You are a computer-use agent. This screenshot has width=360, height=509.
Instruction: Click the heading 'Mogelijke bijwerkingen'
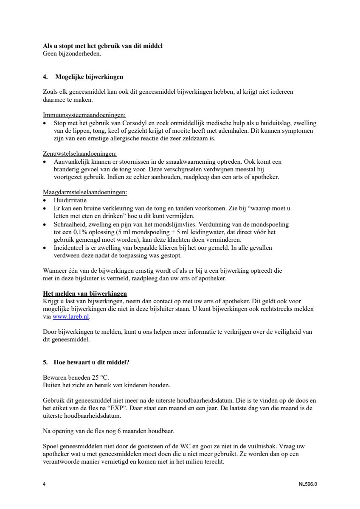[x=89, y=77]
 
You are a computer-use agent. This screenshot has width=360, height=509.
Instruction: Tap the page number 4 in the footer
[x=45, y=484]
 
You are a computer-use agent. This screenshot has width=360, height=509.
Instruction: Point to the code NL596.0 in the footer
[x=308, y=484]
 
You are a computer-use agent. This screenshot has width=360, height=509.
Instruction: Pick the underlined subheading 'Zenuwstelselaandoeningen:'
[x=80, y=154]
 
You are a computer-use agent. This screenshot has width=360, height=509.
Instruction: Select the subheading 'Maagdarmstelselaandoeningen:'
[x=85, y=192]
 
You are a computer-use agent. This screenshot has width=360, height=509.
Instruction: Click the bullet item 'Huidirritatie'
[x=70, y=200]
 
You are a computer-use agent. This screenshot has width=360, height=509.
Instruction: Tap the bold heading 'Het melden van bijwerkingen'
[x=85, y=294]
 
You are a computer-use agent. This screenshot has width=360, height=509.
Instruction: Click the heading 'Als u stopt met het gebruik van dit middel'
[x=103, y=46]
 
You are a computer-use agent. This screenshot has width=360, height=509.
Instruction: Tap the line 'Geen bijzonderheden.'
[x=72, y=53]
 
